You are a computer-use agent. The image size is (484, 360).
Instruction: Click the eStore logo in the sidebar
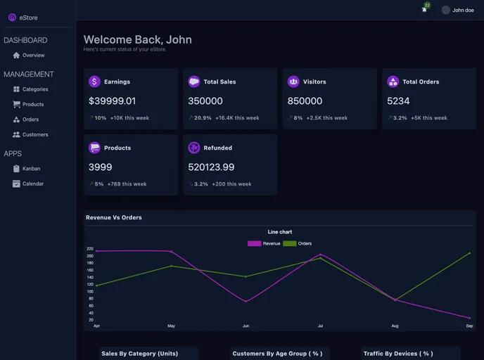[12, 18]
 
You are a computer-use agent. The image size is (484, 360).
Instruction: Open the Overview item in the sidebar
[32, 56]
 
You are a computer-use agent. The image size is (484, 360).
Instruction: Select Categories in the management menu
[34, 89]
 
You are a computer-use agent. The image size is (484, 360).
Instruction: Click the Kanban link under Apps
[31, 169]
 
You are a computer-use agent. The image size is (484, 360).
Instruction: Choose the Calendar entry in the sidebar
[32, 184]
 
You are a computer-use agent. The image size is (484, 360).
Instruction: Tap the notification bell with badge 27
[424, 9]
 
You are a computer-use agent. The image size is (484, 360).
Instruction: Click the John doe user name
[463, 11]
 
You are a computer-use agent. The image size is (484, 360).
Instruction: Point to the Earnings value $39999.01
[113, 101]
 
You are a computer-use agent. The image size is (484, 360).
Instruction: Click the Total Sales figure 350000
[205, 101]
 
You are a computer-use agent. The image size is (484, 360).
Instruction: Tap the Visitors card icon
[293, 82]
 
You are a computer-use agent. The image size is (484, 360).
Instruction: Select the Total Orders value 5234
[398, 101]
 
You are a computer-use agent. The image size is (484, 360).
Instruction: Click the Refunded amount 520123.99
[211, 167]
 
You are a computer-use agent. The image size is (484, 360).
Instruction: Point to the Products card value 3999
[100, 167]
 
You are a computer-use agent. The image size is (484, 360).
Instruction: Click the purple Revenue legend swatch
[254, 243]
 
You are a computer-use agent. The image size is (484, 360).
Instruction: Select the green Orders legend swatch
[289, 243]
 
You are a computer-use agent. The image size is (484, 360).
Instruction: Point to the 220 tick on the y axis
[90, 249]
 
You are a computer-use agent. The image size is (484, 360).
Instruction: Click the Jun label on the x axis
[246, 326]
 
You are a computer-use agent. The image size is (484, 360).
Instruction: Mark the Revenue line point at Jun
[246, 302]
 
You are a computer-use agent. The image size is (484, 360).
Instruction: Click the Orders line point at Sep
[469, 253]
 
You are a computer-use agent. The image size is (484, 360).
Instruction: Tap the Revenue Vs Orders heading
[114, 218]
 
